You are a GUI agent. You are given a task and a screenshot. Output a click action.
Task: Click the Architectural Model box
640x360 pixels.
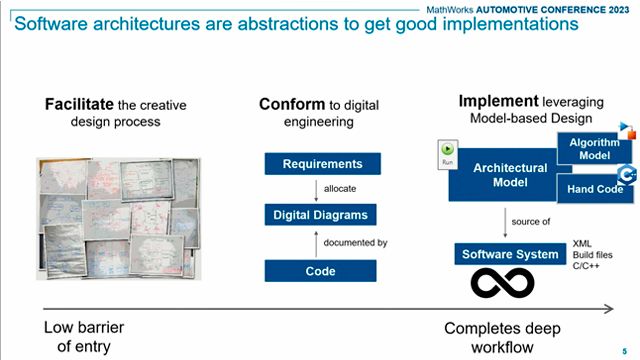click(x=510, y=175)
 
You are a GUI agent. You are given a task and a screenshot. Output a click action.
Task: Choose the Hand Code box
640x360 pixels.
click(x=597, y=188)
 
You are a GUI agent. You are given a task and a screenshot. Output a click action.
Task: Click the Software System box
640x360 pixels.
click(x=509, y=254)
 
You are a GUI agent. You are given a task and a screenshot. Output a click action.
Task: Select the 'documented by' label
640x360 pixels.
click(x=355, y=242)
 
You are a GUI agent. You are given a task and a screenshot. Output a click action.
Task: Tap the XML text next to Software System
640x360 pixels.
click(x=582, y=243)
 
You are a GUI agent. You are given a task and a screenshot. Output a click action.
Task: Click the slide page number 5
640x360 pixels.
click(x=624, y=351)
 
